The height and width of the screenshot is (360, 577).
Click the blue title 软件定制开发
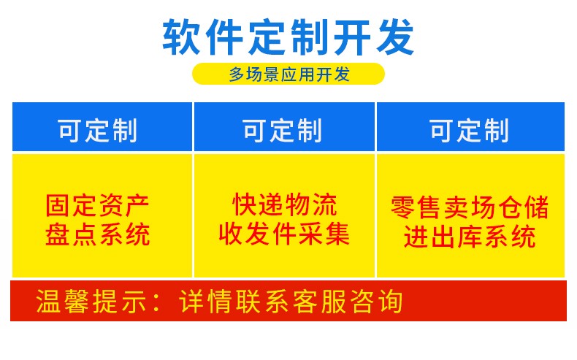click(x=288, y=37)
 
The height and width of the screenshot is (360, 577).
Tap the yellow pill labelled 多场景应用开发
click(x=288, y=74)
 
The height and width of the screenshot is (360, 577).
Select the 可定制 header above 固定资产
click(x=98, y=130)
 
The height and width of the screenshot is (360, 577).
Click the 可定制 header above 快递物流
click(x=283, y=130)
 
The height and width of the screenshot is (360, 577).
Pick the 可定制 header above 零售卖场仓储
click(x=470, y=130)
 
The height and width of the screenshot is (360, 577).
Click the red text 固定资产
click(x=98, y=205)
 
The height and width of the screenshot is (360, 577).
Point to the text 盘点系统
click(x=98, y=234)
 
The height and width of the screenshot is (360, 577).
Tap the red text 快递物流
click(x=284, y=204)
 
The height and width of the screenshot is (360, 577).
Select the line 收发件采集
click(x=284, y=234)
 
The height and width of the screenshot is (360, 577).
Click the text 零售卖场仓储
click(x=470, y=207)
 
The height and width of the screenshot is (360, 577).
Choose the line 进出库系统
click(x=470, y=237)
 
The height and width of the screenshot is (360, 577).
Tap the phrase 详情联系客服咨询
click(x=291, y=301)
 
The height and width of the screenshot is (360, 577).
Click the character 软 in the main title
click(x=181, y=37)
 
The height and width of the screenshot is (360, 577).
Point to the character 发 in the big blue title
click(x=396, y=37)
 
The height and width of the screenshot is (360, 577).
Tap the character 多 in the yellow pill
click(x=237, y=74)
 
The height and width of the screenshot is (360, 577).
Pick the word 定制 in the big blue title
click(x=288, y=37)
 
